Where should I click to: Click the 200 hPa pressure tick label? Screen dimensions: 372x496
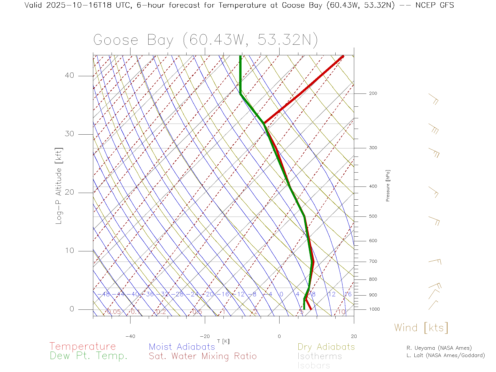click(x=373, y=93)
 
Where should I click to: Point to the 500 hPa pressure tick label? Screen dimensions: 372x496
click(x=373, y=216)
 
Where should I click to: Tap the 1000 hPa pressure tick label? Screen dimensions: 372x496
click(x=374, y=309)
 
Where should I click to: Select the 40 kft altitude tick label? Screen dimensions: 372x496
click(x=69, y=75)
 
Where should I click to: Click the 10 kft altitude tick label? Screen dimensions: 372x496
click(x=69, y=251)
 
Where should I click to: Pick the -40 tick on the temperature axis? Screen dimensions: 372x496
click(x=130, y=336)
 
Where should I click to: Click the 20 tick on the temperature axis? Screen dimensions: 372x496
click(x=354, y=336)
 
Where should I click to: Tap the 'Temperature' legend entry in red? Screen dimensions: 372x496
click(x=83, y=346)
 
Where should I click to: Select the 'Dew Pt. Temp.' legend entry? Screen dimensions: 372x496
click(x=89, y=356)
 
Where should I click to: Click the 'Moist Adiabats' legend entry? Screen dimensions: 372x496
click(x=182, y=347)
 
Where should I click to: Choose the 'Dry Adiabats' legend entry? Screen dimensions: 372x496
click(x=326, y=347)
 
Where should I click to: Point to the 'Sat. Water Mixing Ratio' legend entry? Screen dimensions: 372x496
click(x=203, y=356)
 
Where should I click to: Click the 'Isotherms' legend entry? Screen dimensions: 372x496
click(x=320, y=356)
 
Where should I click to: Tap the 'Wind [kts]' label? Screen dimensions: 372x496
click(x=421, y=328)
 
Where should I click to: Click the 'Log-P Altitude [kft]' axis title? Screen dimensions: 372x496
click(x=59, y=186)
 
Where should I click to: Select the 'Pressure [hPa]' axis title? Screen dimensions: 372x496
click(x=388, y=185)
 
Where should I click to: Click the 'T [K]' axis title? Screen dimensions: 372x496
click(x=223, y=341)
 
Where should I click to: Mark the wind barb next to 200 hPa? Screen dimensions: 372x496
click(x=433, y=99)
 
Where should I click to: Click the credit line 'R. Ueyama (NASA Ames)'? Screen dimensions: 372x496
click(x=439, y=348)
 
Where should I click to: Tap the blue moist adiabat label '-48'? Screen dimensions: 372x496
click(x=106, y=294)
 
